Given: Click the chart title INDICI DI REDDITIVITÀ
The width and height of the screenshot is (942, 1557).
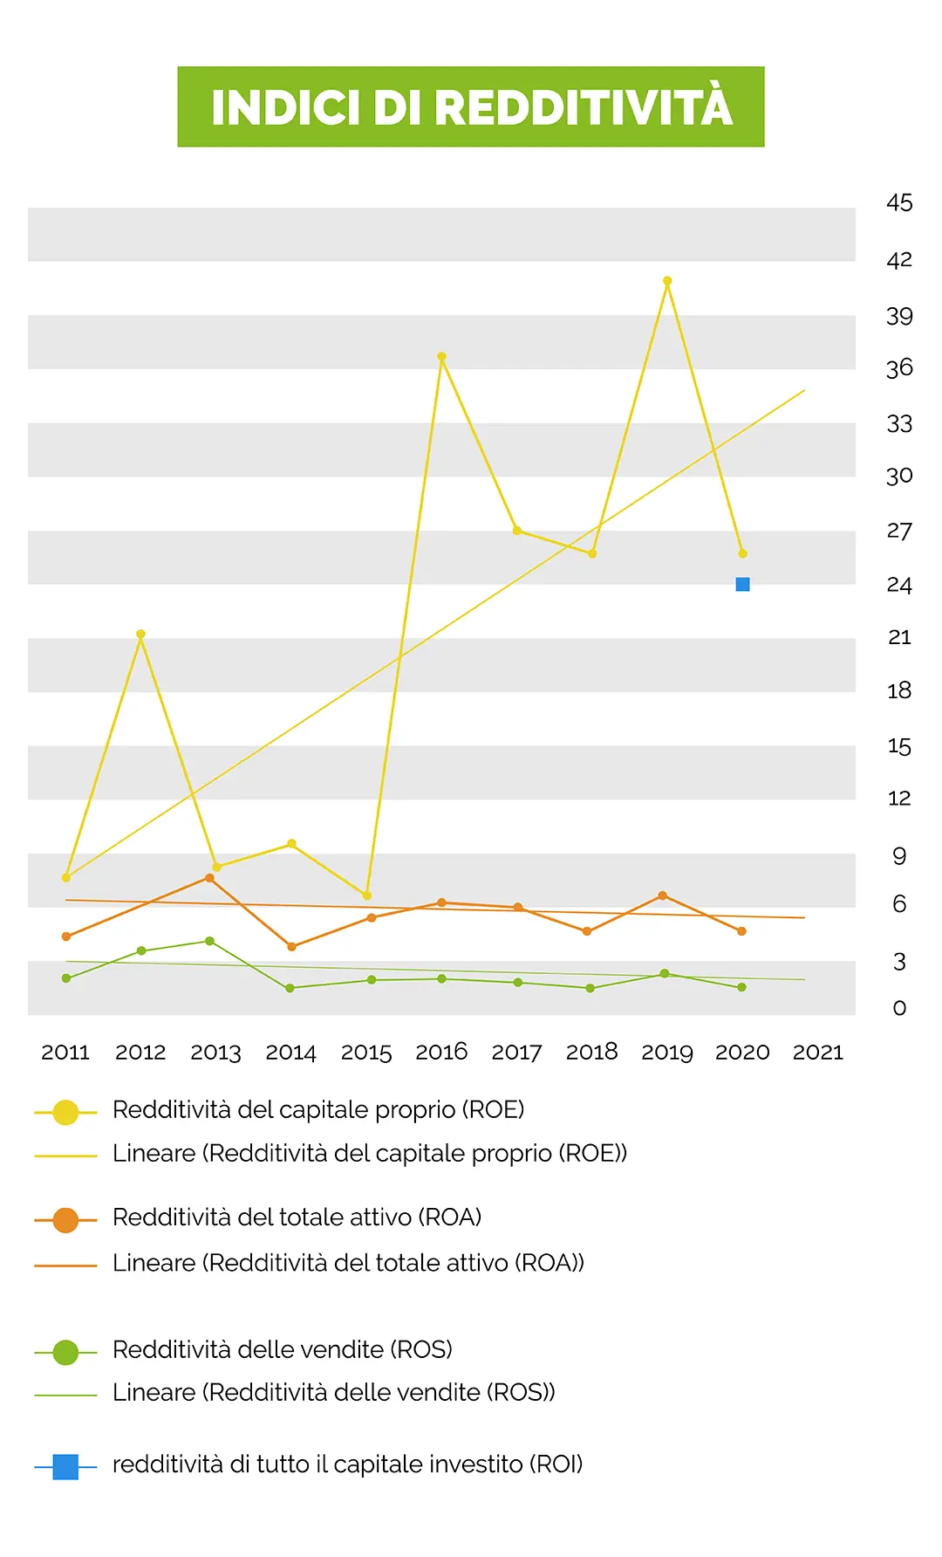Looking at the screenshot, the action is [471, 107].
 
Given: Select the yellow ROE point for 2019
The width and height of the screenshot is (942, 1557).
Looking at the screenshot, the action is [667, 281].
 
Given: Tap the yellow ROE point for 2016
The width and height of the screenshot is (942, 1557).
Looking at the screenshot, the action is [442, 356].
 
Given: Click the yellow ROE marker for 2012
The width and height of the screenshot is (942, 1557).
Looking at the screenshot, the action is [140, 634].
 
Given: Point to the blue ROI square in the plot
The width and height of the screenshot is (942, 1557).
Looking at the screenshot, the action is [743, 584].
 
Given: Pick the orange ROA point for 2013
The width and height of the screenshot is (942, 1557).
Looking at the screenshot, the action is [209, 878].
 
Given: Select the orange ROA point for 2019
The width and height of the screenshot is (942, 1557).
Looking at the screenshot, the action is [663, 895].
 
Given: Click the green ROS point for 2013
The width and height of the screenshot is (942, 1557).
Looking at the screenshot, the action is [209, 941].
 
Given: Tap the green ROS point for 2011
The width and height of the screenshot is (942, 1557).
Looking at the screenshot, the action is [66, 978].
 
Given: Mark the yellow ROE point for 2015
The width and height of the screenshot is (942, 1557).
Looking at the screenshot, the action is [367, 895].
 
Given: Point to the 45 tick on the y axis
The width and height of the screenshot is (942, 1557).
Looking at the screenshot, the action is [899, 203].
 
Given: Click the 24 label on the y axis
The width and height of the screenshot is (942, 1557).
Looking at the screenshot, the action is [899, 585].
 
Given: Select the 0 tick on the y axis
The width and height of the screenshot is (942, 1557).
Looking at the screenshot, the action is [899, 1008].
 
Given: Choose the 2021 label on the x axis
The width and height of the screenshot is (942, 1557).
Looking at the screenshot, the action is [818, 1053].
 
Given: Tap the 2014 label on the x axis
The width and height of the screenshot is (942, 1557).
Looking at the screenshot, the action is [290, 1053].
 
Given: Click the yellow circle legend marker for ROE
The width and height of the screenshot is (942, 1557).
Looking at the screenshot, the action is [65, 1112].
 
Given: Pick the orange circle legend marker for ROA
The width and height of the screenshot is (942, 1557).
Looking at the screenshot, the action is [65, 1220].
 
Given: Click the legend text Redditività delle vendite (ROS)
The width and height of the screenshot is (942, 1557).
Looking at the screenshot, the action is [283, 1350].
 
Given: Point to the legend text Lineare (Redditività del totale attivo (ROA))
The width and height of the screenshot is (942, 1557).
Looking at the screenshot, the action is [349, 1263].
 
